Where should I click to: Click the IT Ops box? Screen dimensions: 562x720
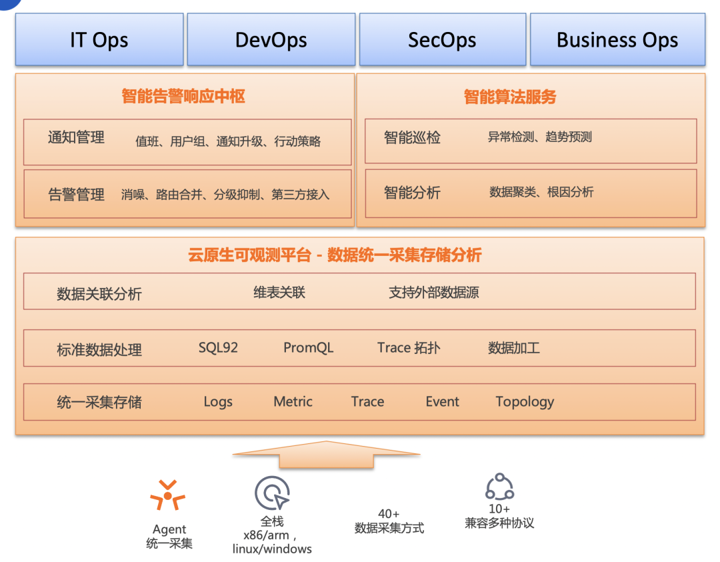coord(99,40)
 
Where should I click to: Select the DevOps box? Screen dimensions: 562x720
coord(271,40)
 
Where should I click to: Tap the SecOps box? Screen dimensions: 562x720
coord(442,40)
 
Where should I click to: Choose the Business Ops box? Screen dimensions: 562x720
coord(617,40)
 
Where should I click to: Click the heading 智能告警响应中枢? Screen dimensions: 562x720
coord(183,97)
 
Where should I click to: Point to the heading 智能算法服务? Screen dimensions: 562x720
coord(510,97)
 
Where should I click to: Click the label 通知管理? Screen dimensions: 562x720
coord(77,138)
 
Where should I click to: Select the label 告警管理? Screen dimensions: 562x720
coord(77,195)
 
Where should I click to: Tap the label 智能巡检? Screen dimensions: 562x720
coord(412,138)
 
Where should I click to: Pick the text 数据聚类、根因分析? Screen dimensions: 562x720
coord(541,192)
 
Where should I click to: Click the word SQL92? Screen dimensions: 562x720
coord(218,348)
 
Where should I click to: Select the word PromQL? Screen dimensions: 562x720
coord(308,348)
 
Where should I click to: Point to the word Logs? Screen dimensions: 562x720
coord(218,402)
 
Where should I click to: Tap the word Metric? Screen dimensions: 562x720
coord(293,402)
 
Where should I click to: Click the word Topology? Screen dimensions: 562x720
coord(525,402)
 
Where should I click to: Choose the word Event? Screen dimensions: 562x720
coord(442,402)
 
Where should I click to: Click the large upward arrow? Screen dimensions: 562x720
coord(326,453)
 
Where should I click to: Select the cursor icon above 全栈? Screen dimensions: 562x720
coord(272,494)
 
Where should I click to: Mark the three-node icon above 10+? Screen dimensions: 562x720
coord(499,487)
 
